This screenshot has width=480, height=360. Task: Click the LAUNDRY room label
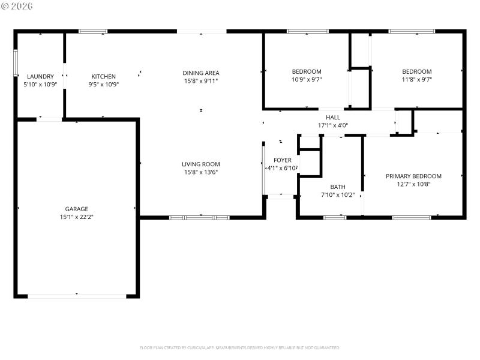[40, 76]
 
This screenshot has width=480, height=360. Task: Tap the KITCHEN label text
[103, 76]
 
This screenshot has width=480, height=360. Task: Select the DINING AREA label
[201, 73]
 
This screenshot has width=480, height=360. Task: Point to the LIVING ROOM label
[201, 164]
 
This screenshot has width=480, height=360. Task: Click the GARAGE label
[77, 209]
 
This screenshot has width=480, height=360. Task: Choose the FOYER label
[282, 160]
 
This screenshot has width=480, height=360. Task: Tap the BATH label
[337, 187]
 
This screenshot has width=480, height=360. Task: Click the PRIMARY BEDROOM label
[413, 176]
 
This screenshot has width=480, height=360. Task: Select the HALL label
[333, 118]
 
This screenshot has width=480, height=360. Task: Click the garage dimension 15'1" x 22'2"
[77, 217]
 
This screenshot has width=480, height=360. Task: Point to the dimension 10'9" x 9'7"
[307, 79]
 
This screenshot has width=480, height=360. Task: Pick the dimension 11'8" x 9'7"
[417, 79]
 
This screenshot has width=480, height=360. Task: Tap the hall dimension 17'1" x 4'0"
[333, 125]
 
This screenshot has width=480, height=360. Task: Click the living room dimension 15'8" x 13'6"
[201, 172]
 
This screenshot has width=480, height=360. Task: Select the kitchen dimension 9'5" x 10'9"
[103, 84]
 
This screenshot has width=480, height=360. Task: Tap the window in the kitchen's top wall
[93, 31]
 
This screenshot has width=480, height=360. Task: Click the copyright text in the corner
[18, 6]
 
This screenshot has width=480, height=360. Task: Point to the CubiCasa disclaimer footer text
[240, 347]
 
